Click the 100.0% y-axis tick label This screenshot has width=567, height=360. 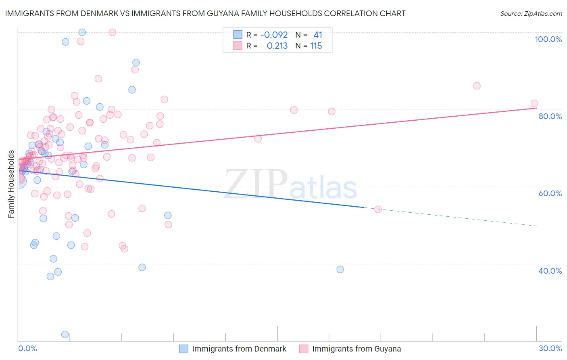[548, 39]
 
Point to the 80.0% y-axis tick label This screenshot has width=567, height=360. [550, 116]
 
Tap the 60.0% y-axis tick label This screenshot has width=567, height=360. [550, 193]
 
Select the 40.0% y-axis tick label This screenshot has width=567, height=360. [550, 271]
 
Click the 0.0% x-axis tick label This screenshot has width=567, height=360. [27, 348]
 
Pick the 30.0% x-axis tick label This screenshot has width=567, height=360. [550, 348]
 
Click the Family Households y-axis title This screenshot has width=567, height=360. [11, 184]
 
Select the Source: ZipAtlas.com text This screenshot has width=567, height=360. [531, 13]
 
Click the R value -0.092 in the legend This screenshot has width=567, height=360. [274, 35]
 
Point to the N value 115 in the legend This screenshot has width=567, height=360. [316, 46]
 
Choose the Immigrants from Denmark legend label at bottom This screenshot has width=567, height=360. [239, 349]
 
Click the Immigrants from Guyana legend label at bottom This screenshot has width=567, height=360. [356, 349]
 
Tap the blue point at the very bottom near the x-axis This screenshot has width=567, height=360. [65, 334]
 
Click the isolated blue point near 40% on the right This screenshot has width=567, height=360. [340, 269]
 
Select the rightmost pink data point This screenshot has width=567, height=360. [534, 103]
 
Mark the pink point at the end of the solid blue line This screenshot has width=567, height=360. [378, 209]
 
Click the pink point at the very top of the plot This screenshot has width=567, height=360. [113, 32]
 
